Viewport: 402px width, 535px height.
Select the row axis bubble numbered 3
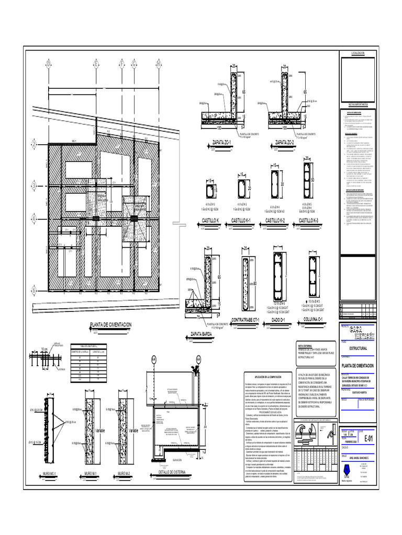[x=33, y=184]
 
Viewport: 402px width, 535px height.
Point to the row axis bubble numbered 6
[x=33, y=290]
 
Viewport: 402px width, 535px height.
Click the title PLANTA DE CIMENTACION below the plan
[x=110, y=325]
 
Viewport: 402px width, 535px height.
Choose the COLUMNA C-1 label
[x=314, y=319]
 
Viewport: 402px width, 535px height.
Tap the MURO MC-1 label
[x=49, y=473]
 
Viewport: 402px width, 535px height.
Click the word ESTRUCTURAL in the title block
[x=354, y=347]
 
